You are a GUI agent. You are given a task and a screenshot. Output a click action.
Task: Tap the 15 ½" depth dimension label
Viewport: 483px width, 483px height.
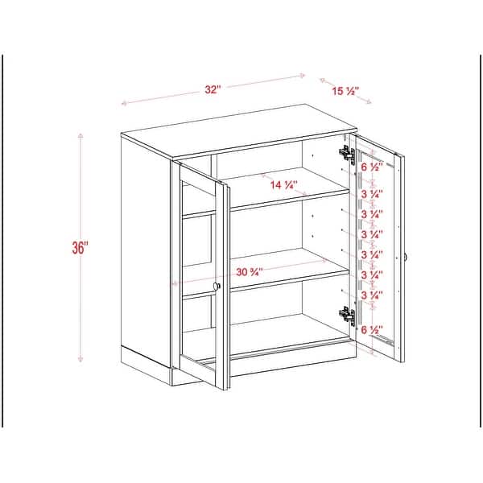tap(346, 91)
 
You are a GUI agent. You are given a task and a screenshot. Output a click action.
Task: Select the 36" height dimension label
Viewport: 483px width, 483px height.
tap(80, 248)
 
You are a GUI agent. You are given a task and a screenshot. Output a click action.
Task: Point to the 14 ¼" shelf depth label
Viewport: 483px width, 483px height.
tap(284, 185)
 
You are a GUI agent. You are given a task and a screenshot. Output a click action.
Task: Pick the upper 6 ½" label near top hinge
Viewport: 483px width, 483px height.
tap(371, 168)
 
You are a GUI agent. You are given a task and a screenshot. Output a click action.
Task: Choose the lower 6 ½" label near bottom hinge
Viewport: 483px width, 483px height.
tap(371, 330)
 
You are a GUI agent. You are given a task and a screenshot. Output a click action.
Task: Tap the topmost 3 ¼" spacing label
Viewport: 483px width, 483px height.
tap(371, 195)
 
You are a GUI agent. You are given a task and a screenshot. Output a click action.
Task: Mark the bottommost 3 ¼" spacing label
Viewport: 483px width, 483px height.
tap(371, 295)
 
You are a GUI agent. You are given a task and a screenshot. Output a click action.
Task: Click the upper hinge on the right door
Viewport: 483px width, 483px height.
tap(347, 151)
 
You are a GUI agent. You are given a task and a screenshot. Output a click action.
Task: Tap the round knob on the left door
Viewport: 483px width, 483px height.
tap(217, 287)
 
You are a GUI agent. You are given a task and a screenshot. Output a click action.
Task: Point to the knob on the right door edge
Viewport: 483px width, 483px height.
tap(407, 257)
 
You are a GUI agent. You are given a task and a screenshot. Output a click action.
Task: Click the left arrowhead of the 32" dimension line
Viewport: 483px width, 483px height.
tap(123, 103)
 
